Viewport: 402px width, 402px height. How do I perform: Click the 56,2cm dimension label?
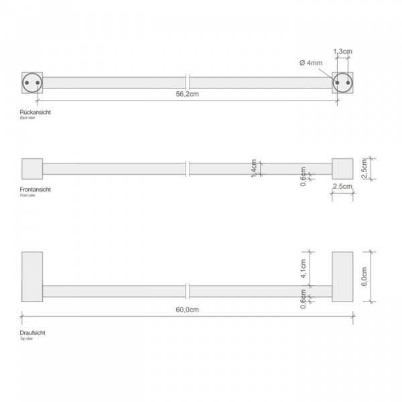tap(188, 94)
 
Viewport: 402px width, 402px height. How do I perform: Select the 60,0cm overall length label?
tap(188, 310)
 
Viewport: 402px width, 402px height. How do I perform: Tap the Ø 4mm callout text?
tap(312, 62)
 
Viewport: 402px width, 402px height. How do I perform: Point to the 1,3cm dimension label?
tap(343, 52)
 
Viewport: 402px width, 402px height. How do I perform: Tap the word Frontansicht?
tap(36, 190)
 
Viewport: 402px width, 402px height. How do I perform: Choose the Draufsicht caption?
tap(33, 332)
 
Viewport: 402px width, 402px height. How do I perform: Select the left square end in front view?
tap(32, 169)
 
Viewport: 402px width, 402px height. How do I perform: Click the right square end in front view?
tap(342, 169)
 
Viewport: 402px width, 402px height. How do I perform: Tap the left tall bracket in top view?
tap(32, 276)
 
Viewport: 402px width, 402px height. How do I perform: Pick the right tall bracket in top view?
tap(342, 276)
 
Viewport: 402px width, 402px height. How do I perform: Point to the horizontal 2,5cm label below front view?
tap(342, 186)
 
